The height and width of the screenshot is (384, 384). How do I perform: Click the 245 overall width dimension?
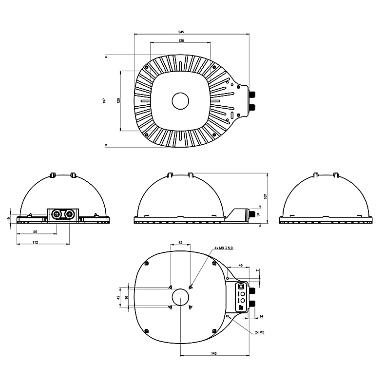click(181, 32)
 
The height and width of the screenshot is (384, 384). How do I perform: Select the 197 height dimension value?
click(104, 101)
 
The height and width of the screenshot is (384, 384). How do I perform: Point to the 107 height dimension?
click(266, 196)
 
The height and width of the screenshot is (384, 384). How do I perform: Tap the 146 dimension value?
click(214, 353)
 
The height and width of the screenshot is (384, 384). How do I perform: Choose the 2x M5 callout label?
click(260, 332)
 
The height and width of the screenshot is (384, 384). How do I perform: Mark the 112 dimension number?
click(35, 242)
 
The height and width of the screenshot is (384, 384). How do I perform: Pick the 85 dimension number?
click(35, 231)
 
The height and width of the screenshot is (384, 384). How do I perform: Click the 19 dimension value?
click(9, 219)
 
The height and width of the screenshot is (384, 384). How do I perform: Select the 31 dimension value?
click(258, 214)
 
